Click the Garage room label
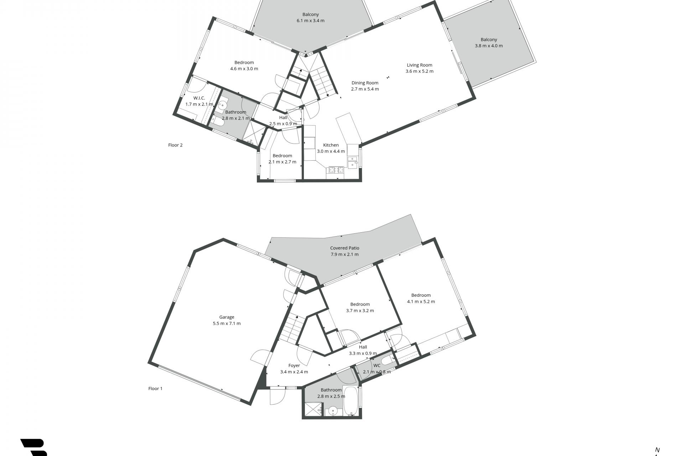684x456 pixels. (x=227, y=317)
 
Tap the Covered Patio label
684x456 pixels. (x=344, y=248)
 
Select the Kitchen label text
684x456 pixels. (x=331, y=145)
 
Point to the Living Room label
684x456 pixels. (x=420, y=65)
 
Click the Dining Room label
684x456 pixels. (x=365, y=83)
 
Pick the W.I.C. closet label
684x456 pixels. (x=199, y=98)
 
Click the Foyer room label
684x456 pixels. (x=294, y=366)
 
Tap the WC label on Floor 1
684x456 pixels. (x=377, y=366)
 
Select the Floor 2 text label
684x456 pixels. (x=175, y=145)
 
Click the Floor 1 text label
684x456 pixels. (x=155, y=388)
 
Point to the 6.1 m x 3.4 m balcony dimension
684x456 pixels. (x=311, y=21)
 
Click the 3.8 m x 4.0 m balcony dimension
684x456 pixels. (x=489, y=46)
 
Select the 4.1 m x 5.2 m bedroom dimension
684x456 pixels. (x=421, y=301)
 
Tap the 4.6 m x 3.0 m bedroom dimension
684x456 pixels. (x=244, y=69)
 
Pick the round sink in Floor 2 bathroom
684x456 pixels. (x=222, y=105)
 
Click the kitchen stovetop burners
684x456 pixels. (x=336, y=170)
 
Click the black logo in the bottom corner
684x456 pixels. (x=34, y=447)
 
